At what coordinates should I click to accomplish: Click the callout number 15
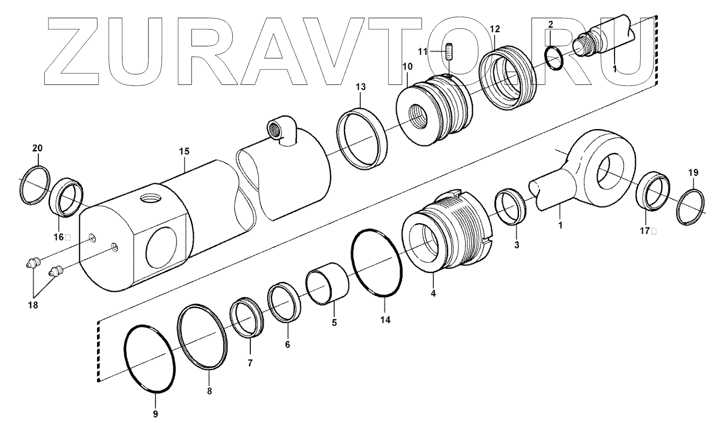click(x=184, y=152)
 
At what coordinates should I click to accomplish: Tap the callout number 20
click(x=37, y=147)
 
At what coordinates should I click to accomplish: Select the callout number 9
click(x=155, y=414)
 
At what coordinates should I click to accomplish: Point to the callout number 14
click(x=385, y=320)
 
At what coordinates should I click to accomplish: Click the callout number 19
click(x=693, y=172)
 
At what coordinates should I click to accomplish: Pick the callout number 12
click(x=494, y=30)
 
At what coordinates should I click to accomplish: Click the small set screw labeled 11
click(x=449, y=51)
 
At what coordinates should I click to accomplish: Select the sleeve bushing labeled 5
click(x=327, y=284)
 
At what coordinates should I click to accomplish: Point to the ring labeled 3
click(x=510, y=208)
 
